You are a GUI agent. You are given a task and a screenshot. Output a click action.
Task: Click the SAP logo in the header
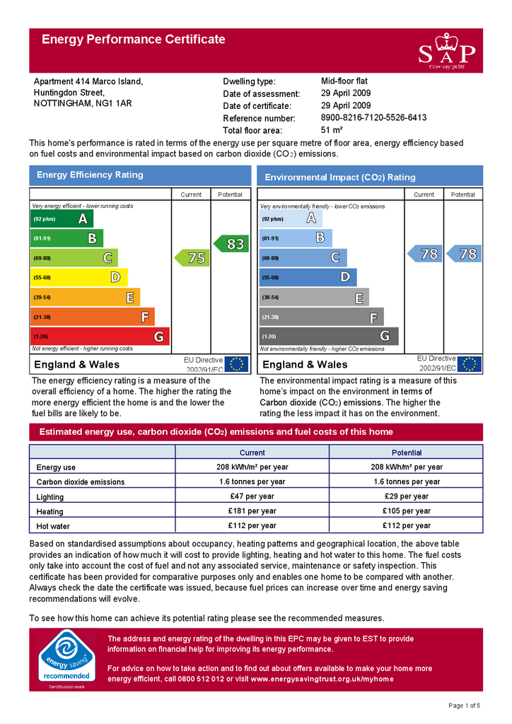click(x=446, y=50)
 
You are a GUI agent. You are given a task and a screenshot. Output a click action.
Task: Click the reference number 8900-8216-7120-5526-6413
click(x=373, y=117)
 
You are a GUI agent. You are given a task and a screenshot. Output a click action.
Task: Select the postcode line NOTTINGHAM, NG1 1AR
click(x=83, y=103)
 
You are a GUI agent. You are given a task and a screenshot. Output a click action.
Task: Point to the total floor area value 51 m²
click(x=332, y=130)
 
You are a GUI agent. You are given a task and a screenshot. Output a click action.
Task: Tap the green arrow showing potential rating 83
click(x=232, y=244)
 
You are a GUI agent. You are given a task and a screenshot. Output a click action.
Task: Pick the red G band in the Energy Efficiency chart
click(x=99, y=337)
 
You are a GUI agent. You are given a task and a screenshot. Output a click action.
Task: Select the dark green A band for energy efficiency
click(x=62, y=219)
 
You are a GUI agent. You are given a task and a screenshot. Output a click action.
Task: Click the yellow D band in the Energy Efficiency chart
click(x=78, y=278)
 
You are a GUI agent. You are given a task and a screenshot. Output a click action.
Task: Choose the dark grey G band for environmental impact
click(x=329, y=337)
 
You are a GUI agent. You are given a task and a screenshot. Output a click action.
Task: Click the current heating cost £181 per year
click(x=252, y=511)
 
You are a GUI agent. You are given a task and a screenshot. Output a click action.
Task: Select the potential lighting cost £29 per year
click(x=406, y=496)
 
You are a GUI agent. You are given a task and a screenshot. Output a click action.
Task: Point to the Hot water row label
click(x=52, y=526)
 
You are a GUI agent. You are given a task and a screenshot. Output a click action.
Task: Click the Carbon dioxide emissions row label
click(x=81, y=482)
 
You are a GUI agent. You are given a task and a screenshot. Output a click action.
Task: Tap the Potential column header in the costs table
click(x=406, y=452)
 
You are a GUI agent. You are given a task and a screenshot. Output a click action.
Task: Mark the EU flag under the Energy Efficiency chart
click(x=236, y=364)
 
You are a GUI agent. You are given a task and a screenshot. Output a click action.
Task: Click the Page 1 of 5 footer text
click(x=464, y=706)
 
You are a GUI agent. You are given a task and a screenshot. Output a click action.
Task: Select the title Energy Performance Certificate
click(x=134, y=40)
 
